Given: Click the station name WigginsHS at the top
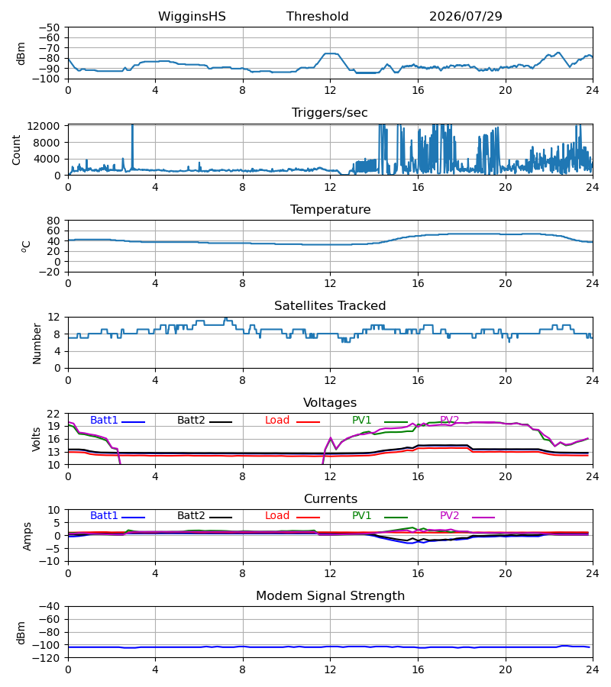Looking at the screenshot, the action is click(x=192, y=17).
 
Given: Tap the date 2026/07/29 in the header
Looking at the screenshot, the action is click(x=465, y=17).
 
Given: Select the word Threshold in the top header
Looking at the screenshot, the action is click(x=317, y=17).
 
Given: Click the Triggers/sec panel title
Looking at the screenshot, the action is click(x=330, y=113).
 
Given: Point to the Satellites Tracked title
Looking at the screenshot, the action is click(x=330, y=306).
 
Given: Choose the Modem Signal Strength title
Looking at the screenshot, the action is click(x=330, y=596).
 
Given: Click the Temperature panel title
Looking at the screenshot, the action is click(x=330, y=209).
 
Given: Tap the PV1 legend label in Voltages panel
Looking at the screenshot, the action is click(x=361, y=420).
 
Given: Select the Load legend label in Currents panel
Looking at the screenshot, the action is click(x=277, y=516).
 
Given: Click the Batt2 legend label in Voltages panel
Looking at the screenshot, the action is click(x=191, y=420).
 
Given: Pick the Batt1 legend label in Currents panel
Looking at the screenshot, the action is click(x=104, y=516).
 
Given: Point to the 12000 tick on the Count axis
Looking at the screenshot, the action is click(x=44, y=126).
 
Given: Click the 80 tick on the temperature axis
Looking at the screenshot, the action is click(x=53, y=221).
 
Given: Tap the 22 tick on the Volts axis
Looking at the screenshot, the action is click(x=53, y=414).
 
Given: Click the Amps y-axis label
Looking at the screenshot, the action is click(x=27, y=536).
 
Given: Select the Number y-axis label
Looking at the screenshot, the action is click(x=37, y=343).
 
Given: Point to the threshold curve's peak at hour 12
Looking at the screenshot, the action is click(x=331, y=53).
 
